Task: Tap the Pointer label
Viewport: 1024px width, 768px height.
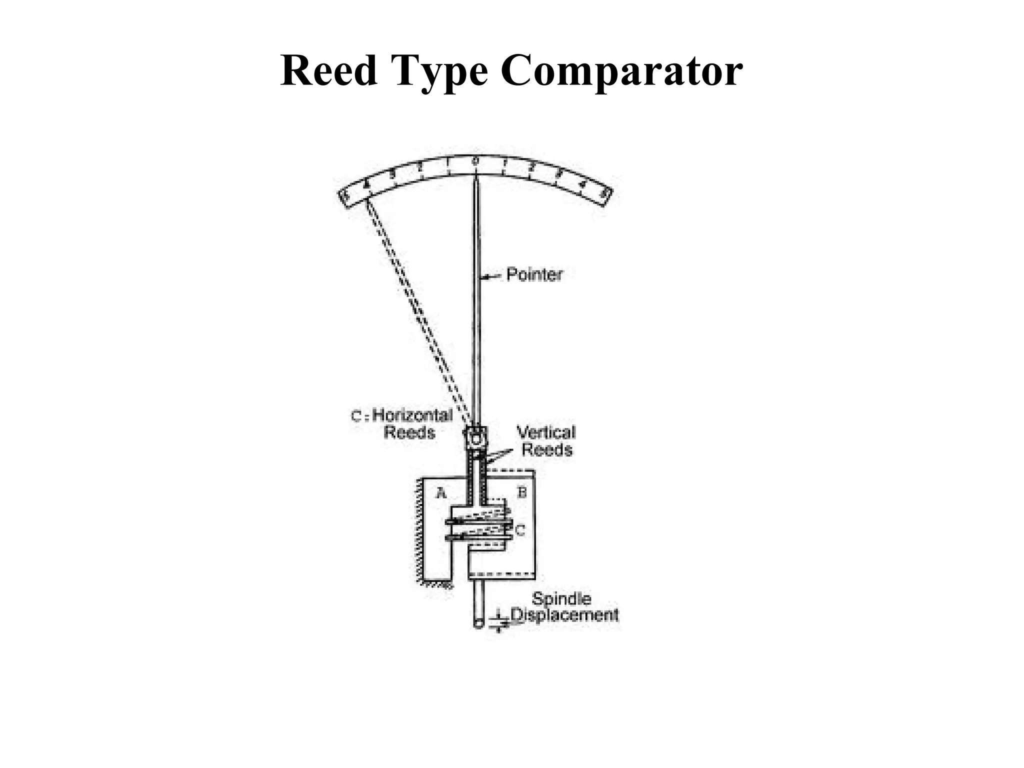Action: (x=534, y=274)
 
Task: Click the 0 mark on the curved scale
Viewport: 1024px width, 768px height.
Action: (x=475, y=161)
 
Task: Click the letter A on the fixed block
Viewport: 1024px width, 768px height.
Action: (x=440, y=493)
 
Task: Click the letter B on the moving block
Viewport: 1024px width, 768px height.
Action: (x=521, y=492)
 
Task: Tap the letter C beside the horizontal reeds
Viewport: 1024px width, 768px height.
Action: (x=520, y=530)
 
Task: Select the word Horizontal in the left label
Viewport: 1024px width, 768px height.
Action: (x=412, y=415)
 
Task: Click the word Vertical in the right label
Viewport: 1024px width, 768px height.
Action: (x=546, y=432)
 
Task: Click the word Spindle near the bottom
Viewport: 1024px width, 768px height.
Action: (x=561, y=598)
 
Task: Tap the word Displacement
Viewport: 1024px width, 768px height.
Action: (x=564, y=614)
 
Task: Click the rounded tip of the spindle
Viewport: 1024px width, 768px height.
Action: (x=478, y=623)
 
